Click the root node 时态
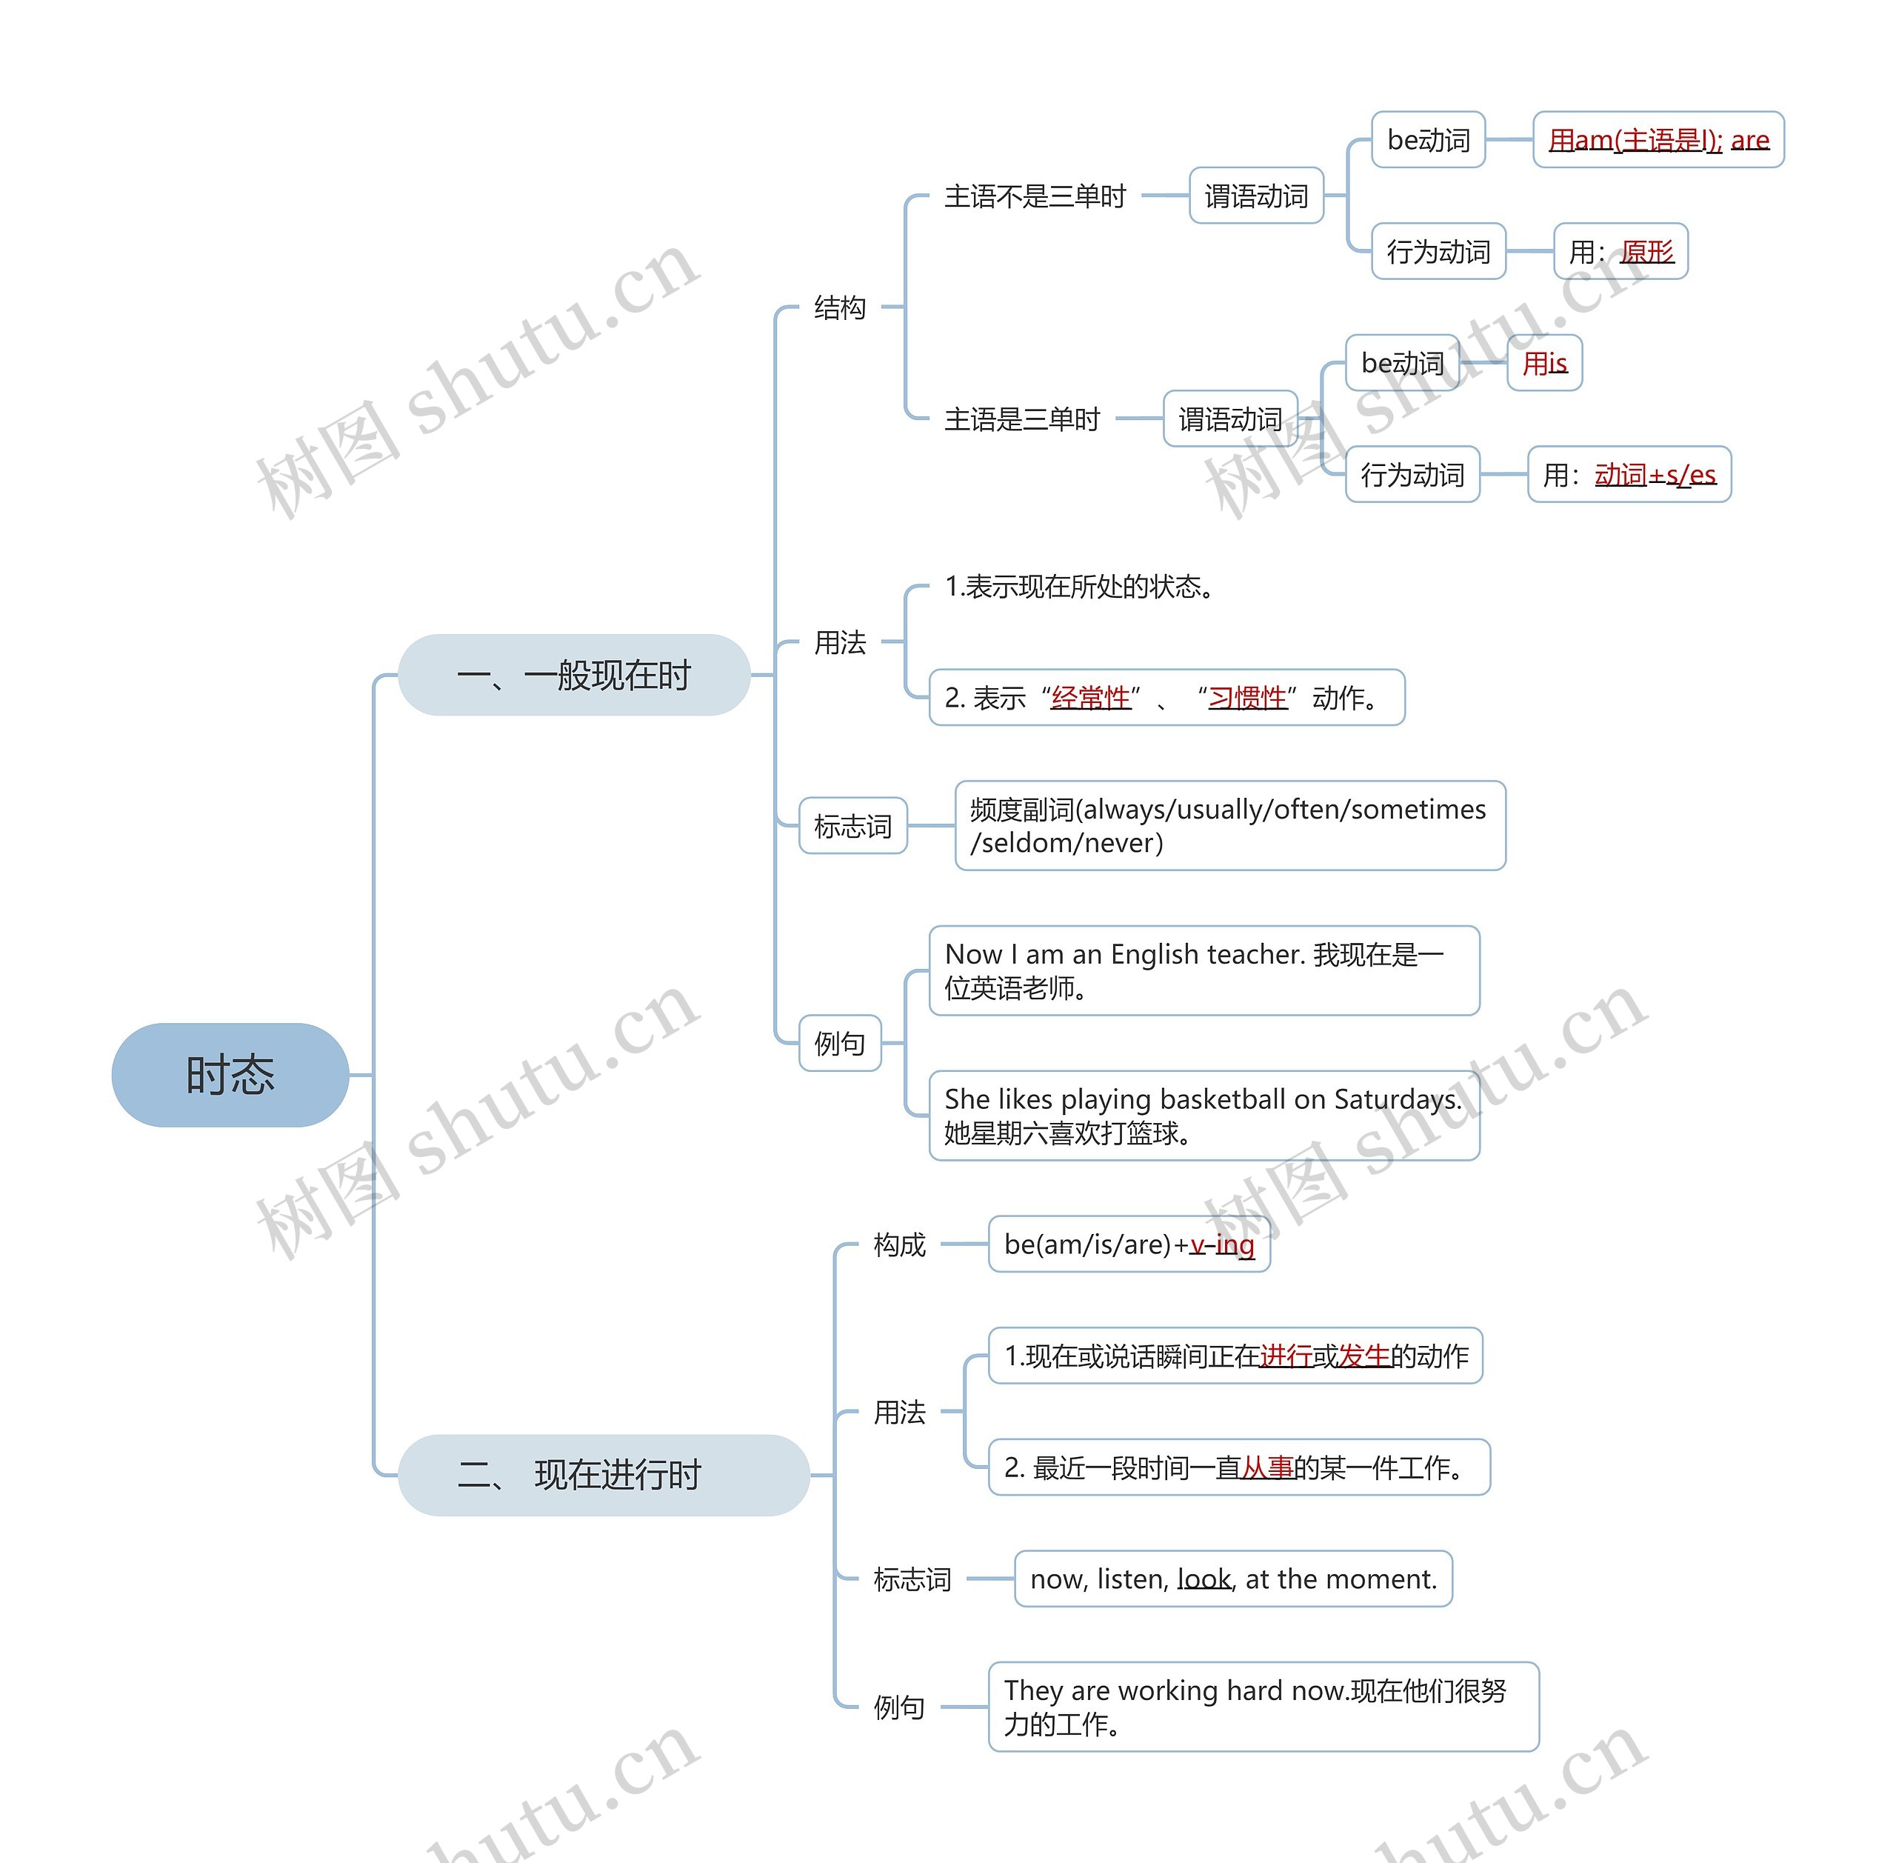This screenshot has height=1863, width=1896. pyautogui.click(x=230, y=1074)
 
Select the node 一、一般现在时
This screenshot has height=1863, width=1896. pyautogui.click(x=574, y=674)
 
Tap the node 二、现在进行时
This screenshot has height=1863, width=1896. pyautogui.click(x=604, y=1475)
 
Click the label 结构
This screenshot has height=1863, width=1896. pyautogui.click(x=839, y=307)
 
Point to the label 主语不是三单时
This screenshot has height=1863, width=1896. pyautogui.click(x=1035, y=196)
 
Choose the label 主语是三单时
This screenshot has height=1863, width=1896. pyautogui.click(x=1021, y=419)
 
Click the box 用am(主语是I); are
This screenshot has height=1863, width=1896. pyautogui.click(x=1658, y=140)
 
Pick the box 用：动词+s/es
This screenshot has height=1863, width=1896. pyautogui.click(x=1629, y=475)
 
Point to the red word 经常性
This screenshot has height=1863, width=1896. pyautogui.click(x=1090, y=698)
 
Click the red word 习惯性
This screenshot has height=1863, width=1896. pyautogui.click(x=1247, y=698)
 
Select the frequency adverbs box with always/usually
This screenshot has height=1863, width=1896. pyautogui.click(x=1229, y=826)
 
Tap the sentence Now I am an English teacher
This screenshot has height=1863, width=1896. pyautogui.click(x=1204, y=970)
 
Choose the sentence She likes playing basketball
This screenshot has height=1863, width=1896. pyautogui.click(x=1204, y=1116)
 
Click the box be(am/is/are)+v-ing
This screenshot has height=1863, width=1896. pyautogui.click(x=1129, y=1244)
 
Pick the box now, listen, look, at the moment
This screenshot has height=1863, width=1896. pyautogui.click(x=1234, y=1579)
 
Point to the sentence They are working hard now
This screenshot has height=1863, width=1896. pyautogui.click(x=1263, y=1707)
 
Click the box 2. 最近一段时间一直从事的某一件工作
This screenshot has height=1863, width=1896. pyautogui.click(x=1238, y=1467)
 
